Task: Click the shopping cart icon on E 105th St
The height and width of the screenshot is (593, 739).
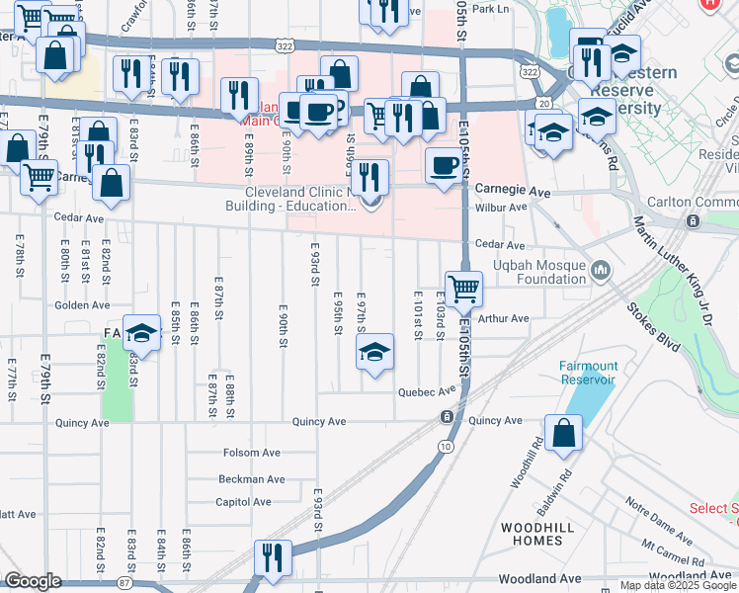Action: [x=463, y=290]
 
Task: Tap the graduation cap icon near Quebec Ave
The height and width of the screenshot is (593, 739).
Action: [x=374, y=352]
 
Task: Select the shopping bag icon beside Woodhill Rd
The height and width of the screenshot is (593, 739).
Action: [x=563, y=433]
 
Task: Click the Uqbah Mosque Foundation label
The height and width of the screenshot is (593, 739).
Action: [x=539, y=272]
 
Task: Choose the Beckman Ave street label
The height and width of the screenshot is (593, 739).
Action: [x=251, y=478]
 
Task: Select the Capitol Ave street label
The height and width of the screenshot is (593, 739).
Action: [x=243, y=502]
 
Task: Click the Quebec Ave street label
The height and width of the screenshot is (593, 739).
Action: [x=426, y=391]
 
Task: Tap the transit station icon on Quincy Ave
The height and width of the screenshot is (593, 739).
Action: [x=448, y=416]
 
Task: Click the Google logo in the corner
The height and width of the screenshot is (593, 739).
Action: [x=33, y=581]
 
